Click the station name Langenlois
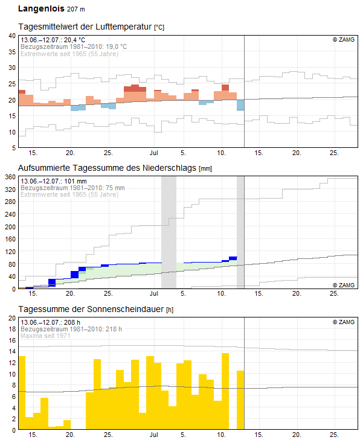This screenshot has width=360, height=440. [x=41, y=8]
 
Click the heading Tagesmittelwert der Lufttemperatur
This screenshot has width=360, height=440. [x=85, y=27]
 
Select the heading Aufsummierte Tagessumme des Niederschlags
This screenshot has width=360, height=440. [x=107, y=168]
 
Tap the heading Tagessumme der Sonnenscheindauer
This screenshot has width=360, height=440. [x=91, y=309]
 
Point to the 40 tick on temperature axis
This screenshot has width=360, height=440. [x=12, y=36]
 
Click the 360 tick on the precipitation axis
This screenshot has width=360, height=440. [x=10, y=177]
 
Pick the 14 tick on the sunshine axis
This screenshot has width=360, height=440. [x=12, y=351]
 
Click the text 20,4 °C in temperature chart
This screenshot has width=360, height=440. [x=74, y=40]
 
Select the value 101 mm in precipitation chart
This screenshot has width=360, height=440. [x=76, y=181]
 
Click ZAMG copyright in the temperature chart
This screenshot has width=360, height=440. [x=344, y=40]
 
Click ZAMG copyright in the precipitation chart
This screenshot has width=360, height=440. [x=344, y=285]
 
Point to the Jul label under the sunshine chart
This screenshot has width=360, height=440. [x=154, y=435]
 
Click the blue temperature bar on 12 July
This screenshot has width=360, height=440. [x=240, y=105]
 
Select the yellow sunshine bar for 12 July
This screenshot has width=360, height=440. [x=240, y=400]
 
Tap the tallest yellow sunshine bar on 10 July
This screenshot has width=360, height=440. [x=225, y=391]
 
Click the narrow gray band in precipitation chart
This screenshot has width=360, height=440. [x=240, y=232]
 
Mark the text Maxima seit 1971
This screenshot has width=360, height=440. [x=45, y=336]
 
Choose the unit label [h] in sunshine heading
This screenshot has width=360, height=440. [x=170, y=310]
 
